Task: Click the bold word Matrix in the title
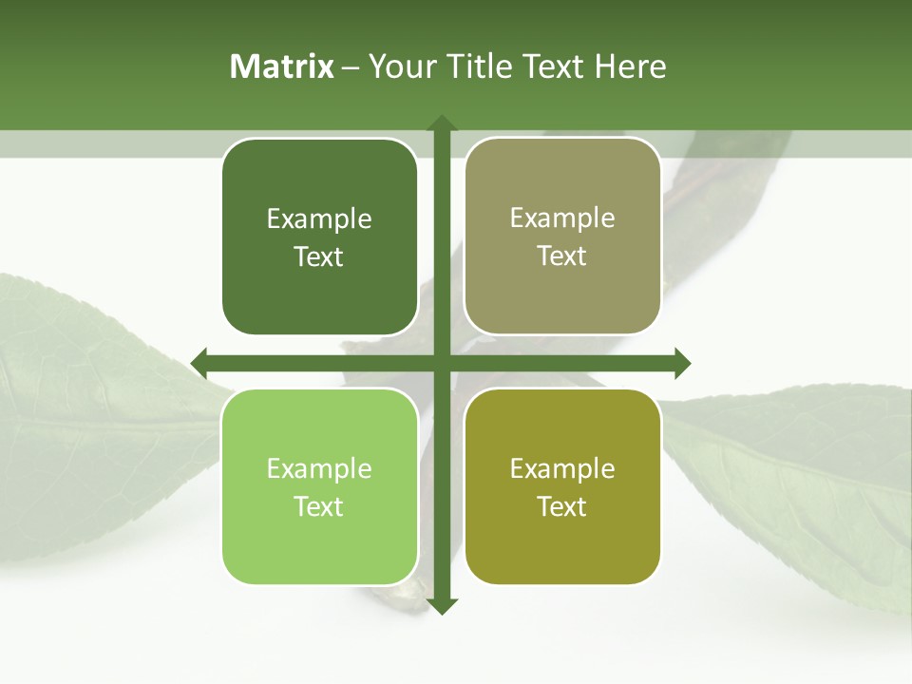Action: [x=282, y=66]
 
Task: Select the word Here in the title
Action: [x=630, y=66]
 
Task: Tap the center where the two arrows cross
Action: [x=441, y=363]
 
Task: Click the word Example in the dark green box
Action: [x=319, y=219]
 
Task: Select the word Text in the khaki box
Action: [x=562, y=256]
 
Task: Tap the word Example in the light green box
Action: [x=319, y=469]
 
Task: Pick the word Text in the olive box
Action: [x=562, y=507]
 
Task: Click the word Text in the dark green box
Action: [x=319, y=257]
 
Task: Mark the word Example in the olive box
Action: [x=562, y=469]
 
